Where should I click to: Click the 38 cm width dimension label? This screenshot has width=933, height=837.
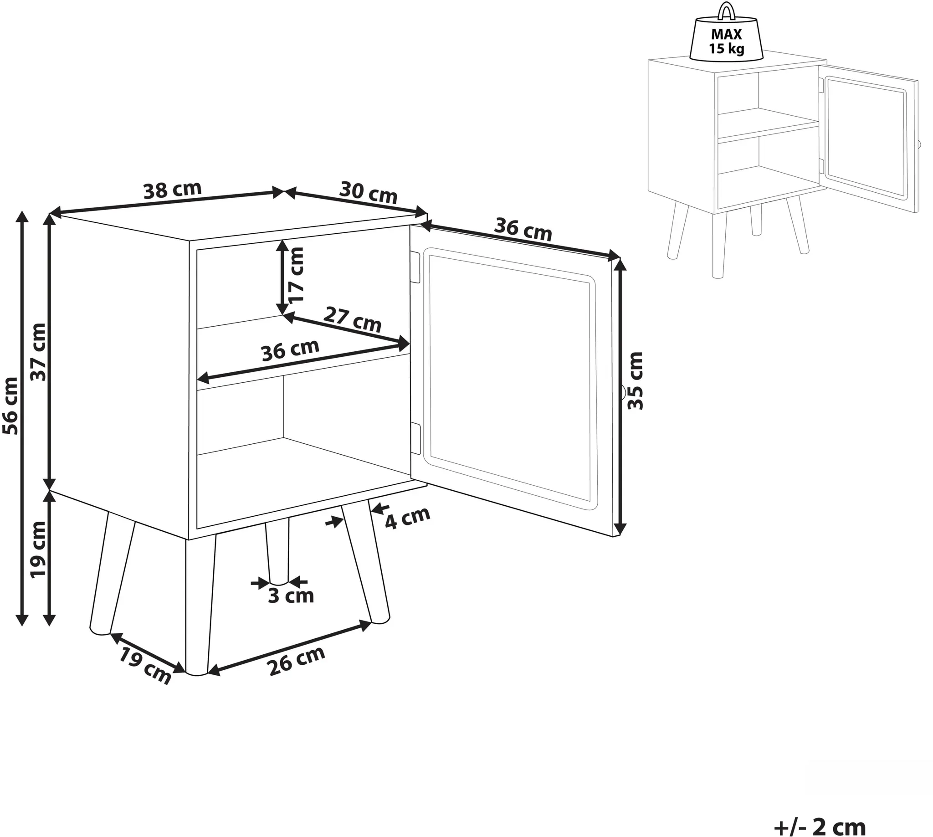click(x=173, y=190)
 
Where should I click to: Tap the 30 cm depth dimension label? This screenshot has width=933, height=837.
click(x=369, y=192)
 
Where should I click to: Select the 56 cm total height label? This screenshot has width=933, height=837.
click(x=10, y=405)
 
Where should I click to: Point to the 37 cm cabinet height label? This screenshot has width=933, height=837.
click(x=39, y=352)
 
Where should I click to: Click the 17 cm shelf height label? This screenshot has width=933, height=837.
click(x=296, y=275)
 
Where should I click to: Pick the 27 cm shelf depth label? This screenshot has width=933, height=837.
click(x=353, y=319)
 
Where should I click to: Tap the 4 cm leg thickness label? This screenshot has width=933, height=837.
click(x=407, y=519)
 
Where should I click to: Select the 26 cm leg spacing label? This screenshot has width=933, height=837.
click(x=297, y=661)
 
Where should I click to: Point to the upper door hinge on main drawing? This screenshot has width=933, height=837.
click(x=415, y=267)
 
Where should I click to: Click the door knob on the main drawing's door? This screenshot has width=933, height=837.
click(x=622, y=393)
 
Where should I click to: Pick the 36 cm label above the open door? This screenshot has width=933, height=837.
click(x=523, y=230)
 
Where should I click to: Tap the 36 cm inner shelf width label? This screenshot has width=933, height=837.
click(x=290, y=350)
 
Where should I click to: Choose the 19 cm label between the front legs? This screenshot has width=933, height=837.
click(x=145, y=665)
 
